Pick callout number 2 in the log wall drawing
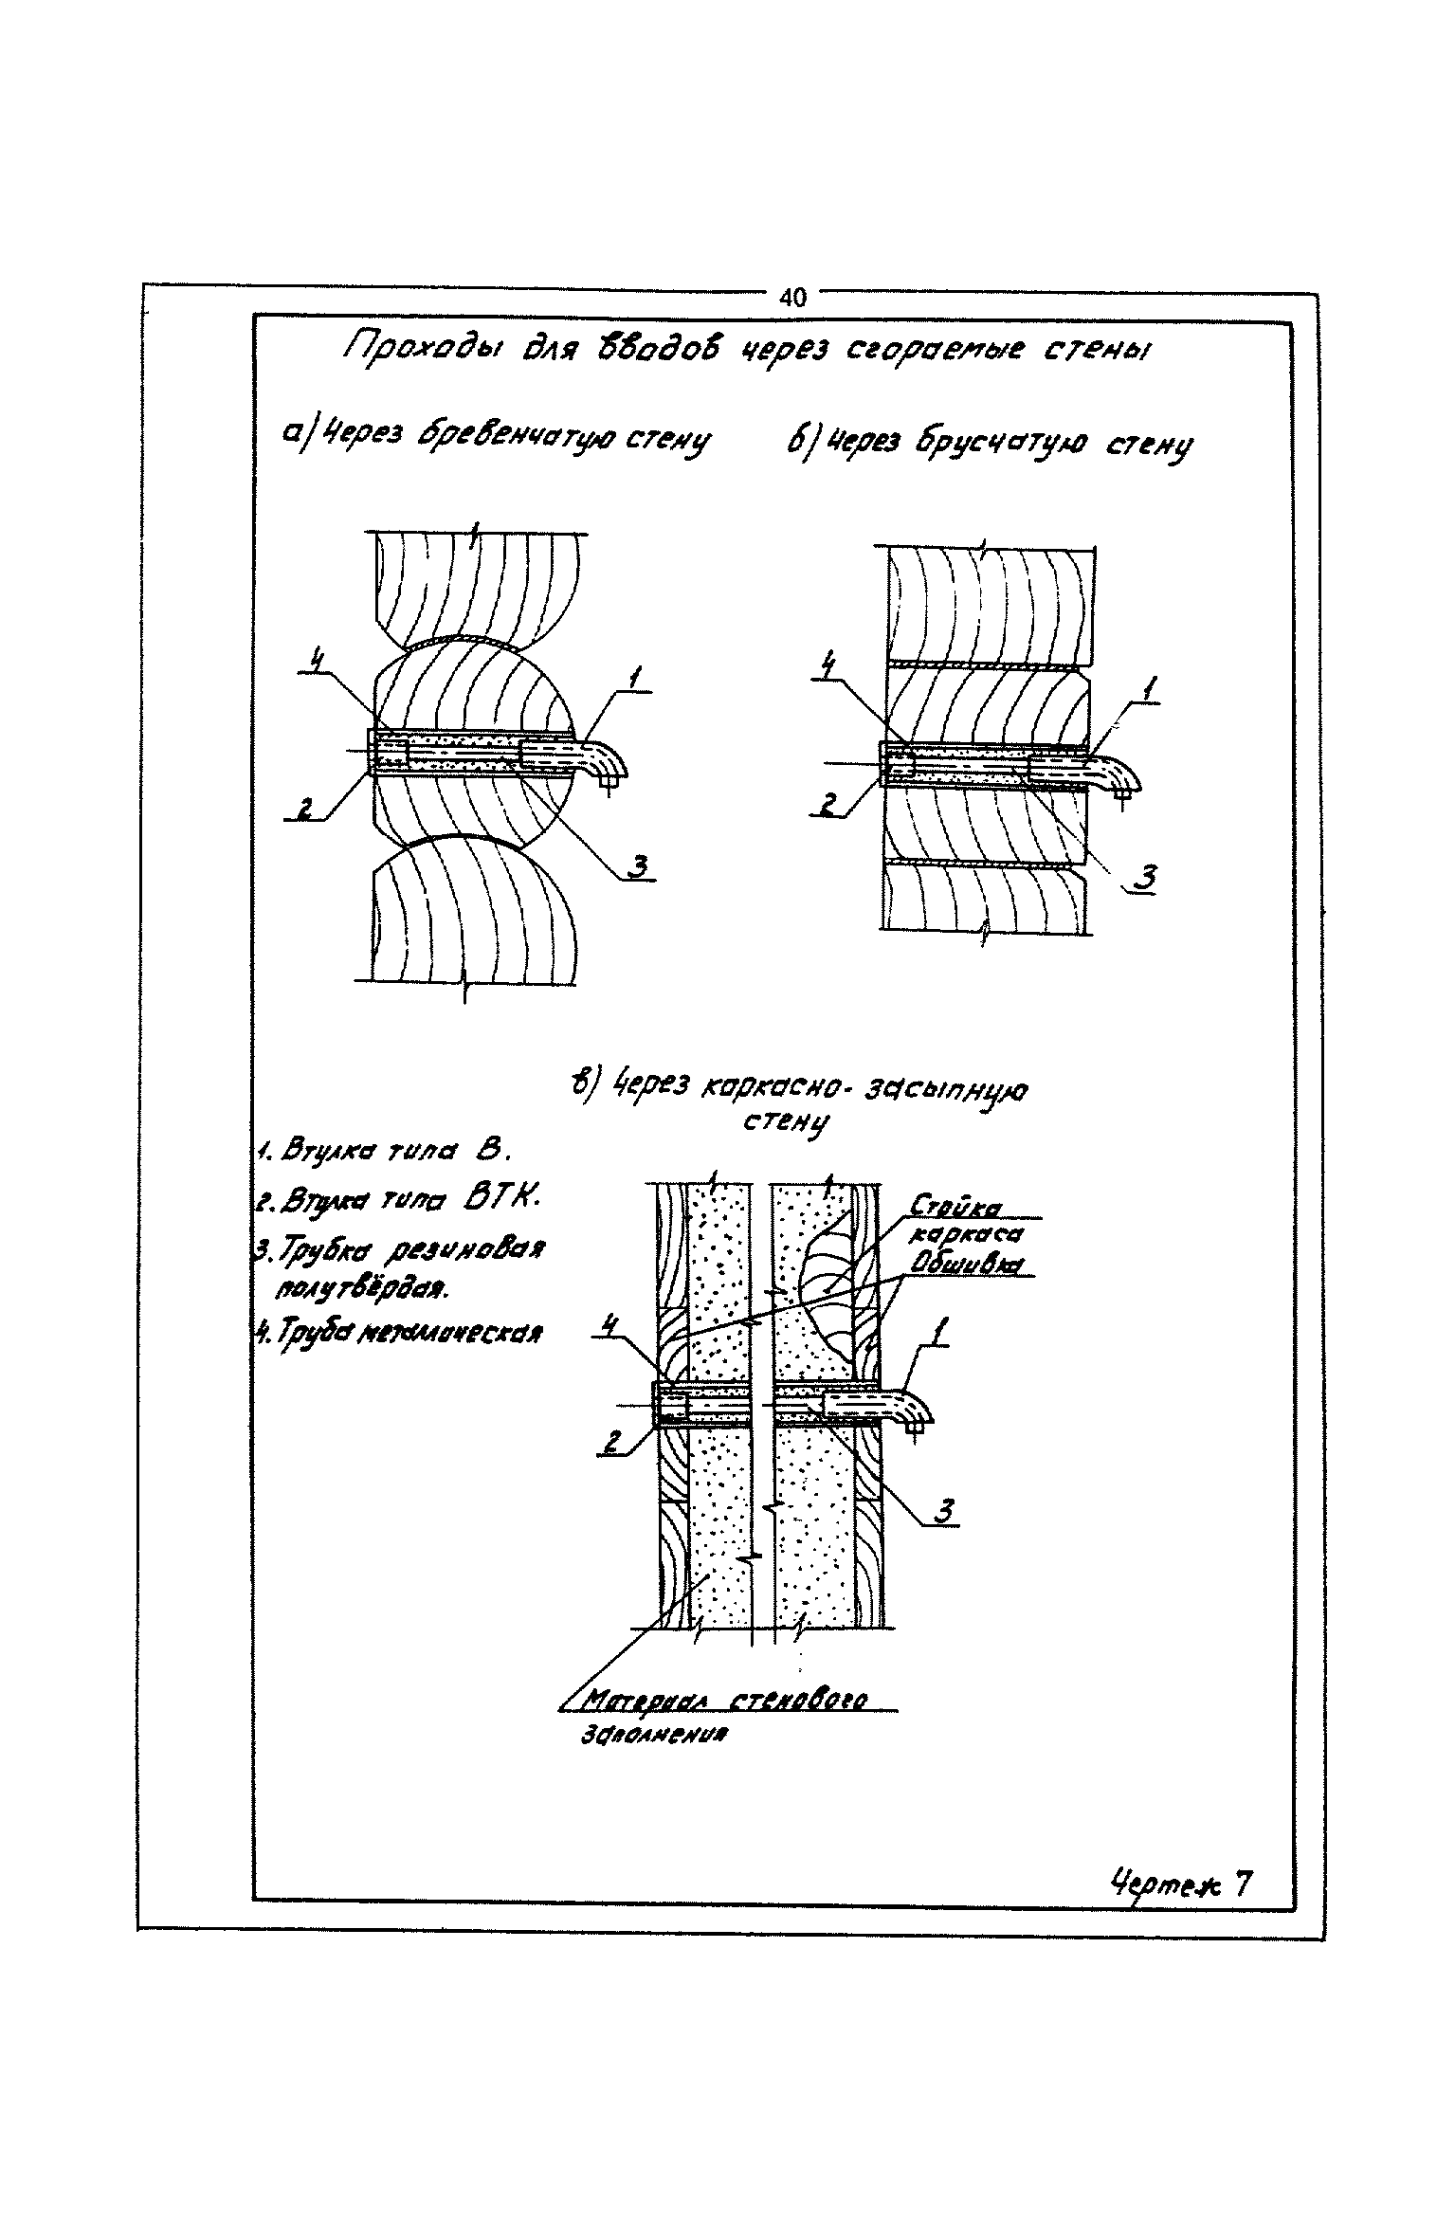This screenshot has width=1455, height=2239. click(x=305, y=808)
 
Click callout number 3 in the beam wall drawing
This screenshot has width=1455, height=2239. click(x=1146, y=879)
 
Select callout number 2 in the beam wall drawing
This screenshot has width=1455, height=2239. click(x=828, y=806)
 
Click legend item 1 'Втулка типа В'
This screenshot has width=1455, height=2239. click(x=385, y=1154)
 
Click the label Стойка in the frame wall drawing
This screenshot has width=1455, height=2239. click(x=956, y=1207)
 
